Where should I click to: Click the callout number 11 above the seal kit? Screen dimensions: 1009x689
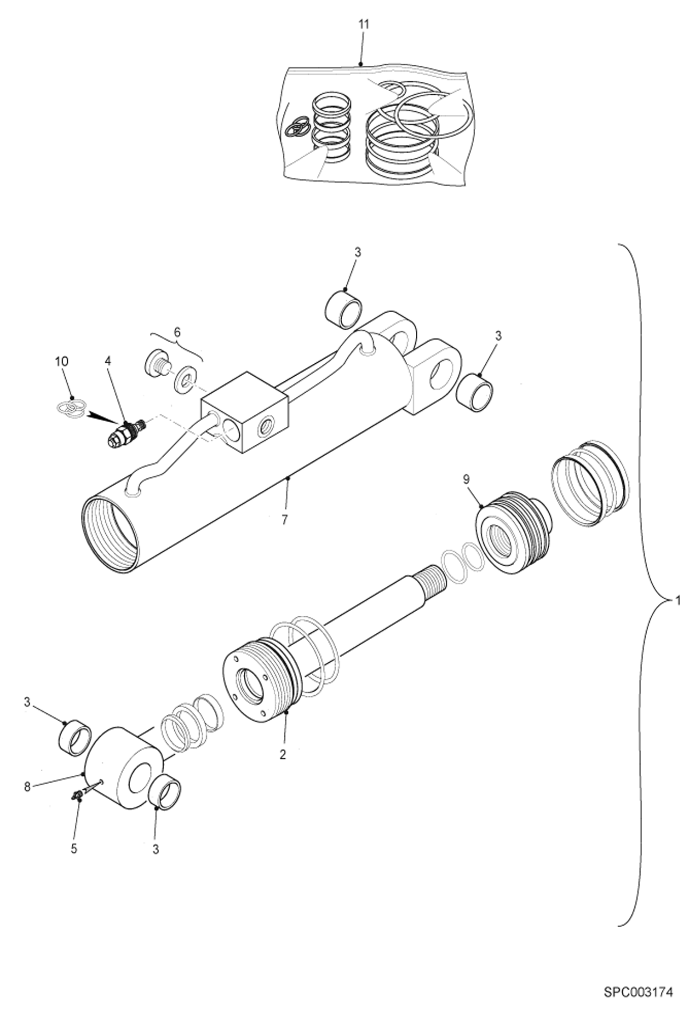tap(363, 24)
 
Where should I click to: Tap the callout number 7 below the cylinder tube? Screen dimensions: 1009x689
tap(284, 520)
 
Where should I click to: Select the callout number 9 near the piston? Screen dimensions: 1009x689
tap(466, 479)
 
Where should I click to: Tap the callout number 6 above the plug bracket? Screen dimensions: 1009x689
tap(177, 332)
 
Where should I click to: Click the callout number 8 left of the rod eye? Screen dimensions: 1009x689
tap(27, 787)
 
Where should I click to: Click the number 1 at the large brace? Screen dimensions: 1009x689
tap(676, 600)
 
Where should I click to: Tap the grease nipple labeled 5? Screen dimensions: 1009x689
tap(77, 795)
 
